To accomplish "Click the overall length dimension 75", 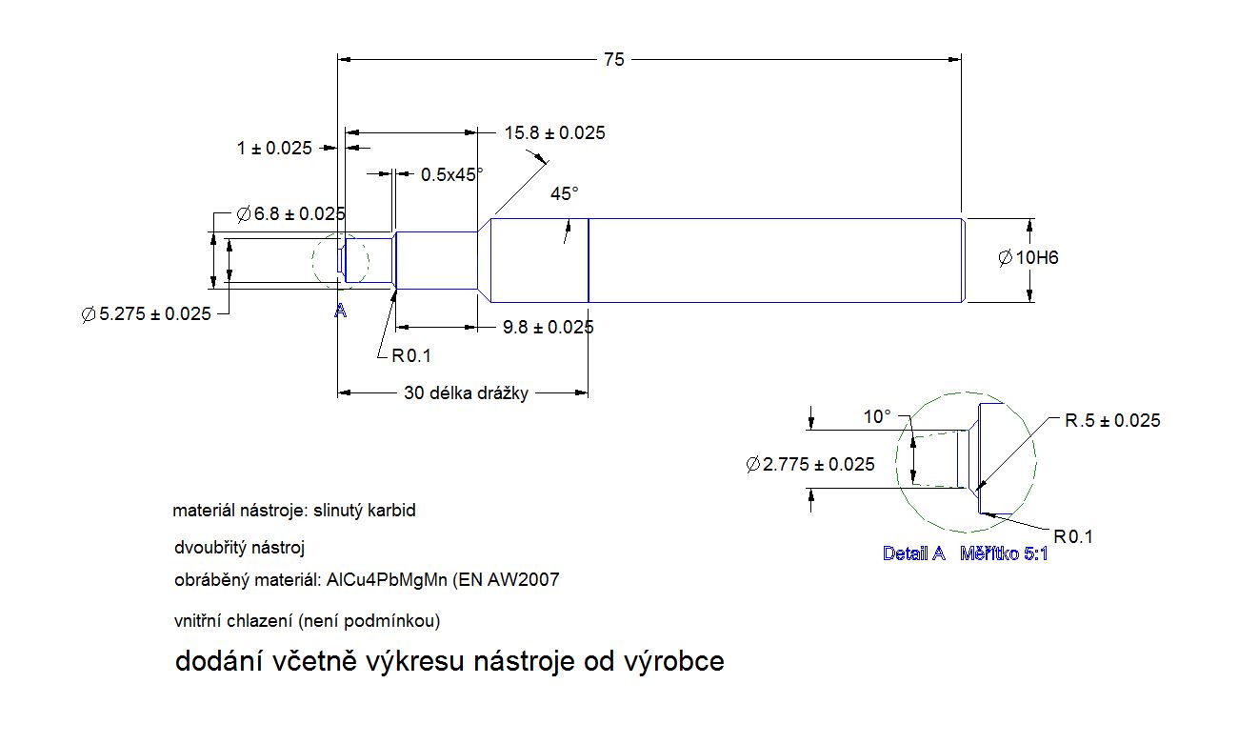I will pyautogui.click(x=614, y=59).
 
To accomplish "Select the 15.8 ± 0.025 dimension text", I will pyautogui.click(x=554, y=132).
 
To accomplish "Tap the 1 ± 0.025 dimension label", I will pyautogui.click(x=274, y=148).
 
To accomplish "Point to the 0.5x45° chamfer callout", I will pyautogui.click(x=452, y=174).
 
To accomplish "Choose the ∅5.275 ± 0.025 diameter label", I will pyautogui.click(x=147, y=314).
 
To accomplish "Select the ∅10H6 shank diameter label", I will pyautogui.click(x=1029, y=258).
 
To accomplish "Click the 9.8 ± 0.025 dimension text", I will pyautogui.click(x=549, y=327).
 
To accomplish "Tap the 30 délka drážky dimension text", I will pyautogui.click(x=466, y=392).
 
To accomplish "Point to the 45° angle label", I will pyautogui.click(x=565, y=193).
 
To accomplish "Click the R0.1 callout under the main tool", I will pyautogui.click(x=411, y=355).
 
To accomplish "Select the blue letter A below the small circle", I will pyautogui.click(x=340, y=312).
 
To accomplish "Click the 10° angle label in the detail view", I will pyautogui.click(x=877, y=417).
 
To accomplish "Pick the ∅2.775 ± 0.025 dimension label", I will pyautogui.click(x=811, y=465).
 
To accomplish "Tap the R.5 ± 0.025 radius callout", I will pyautogui.click(x=1112, y=420).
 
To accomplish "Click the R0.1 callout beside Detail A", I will pyautogui.click(x=1073, y=537).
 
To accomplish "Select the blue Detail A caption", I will pyautogui.click(x=914, y=553).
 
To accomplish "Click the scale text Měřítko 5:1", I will pyautogui.click(x=1004, y=553).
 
